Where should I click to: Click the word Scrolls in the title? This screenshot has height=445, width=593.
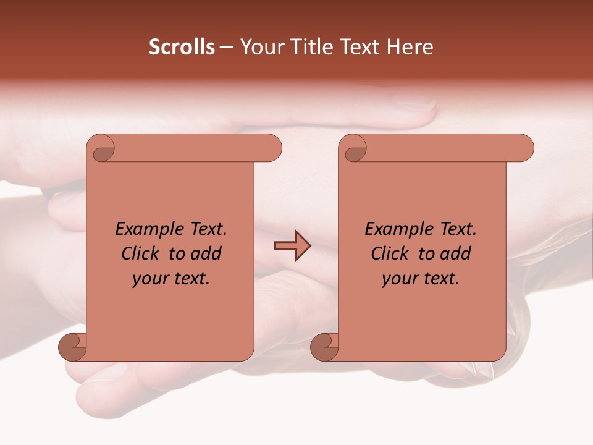point(182,47)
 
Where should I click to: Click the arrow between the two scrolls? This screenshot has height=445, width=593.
point(292,245)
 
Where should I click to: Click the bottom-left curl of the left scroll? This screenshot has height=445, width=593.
point(73,347)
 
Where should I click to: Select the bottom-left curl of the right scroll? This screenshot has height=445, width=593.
point(324,347)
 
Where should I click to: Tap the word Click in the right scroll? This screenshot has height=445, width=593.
point(391,253)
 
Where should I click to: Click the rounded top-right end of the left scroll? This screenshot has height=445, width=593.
point(272,148)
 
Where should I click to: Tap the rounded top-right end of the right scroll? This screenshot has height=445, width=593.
point(524,148)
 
